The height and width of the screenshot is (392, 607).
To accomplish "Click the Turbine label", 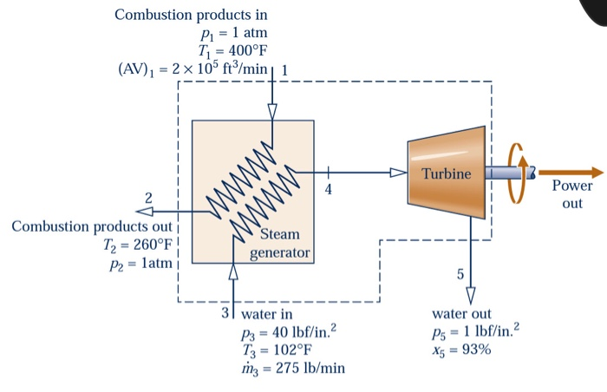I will coord(447,174).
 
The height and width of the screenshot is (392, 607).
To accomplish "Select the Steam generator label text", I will coord(279,244).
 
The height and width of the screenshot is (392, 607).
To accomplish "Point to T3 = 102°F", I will coord(280,350).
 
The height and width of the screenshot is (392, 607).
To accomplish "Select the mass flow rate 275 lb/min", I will coord(291,369).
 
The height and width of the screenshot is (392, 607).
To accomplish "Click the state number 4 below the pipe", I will coord(328,188).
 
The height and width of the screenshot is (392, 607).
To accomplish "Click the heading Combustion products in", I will coord(191,15).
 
